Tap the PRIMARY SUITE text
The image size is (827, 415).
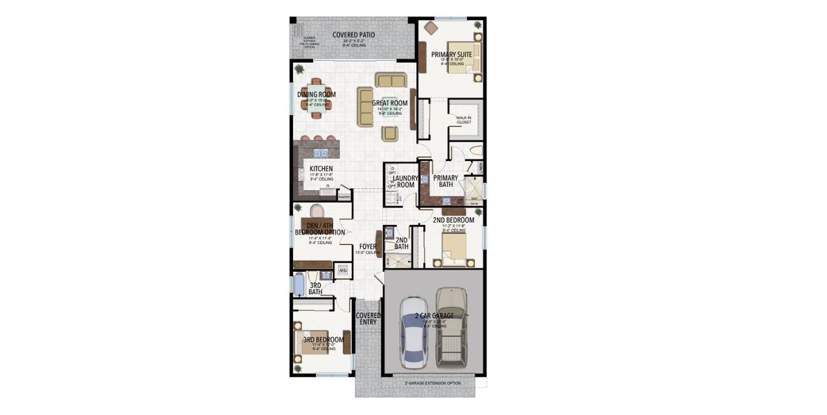452,54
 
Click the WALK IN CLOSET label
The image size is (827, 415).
463,120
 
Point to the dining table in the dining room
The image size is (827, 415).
316,106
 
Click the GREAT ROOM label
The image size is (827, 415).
389,103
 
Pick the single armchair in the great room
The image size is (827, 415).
391,133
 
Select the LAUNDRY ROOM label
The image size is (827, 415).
405,181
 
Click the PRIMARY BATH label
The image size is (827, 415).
447,181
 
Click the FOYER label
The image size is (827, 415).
367,246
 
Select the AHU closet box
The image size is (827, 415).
342,270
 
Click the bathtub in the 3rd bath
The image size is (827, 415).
299,284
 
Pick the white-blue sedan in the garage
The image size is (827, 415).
413,334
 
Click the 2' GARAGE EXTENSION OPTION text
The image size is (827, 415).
433,382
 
